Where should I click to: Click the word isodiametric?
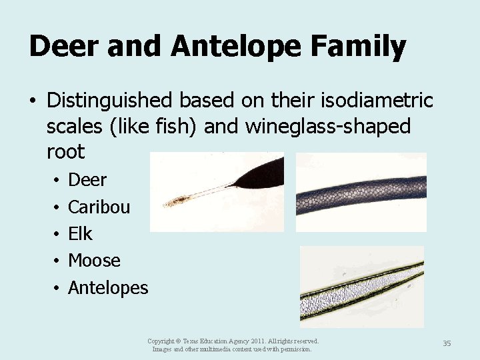tap(377, 101)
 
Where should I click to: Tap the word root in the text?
tap(65, 152)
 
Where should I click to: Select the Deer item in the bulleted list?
tap(87, 180)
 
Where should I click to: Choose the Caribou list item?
tap(99, 207)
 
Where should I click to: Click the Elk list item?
tap(81, 234)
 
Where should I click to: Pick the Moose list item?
tap(94, 261)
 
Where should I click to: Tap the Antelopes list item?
tap(108, 288)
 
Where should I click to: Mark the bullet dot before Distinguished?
tap(32, 101)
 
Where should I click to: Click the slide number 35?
tap(447, 343)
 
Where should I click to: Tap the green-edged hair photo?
tap(361, 287)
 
